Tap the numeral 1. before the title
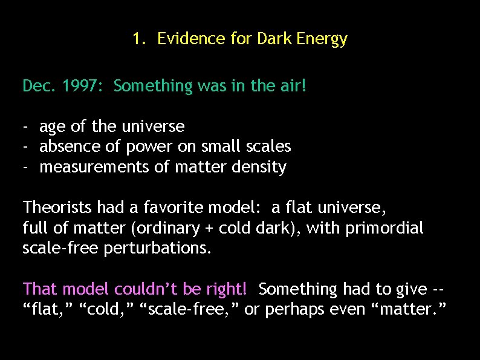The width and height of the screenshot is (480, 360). point(139,39)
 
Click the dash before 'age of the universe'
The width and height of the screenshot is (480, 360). point(25,127)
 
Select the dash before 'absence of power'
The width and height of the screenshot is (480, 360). point(25,147)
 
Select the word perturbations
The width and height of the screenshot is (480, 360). point(157,249)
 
